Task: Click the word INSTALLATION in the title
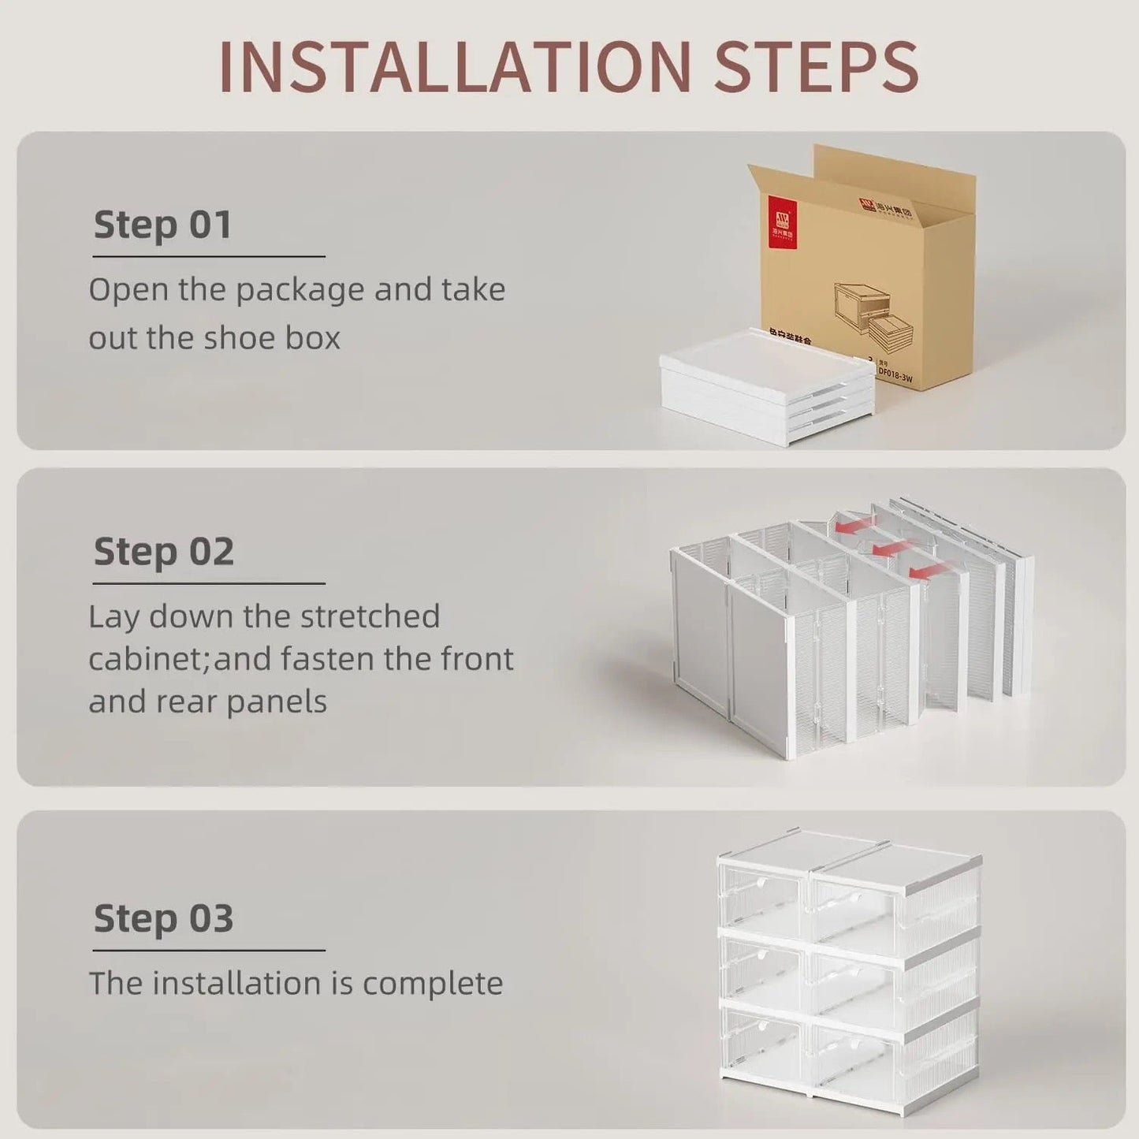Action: click(455, 66)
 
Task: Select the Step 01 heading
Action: click(163, 225)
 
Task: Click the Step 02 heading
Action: click(164, 551)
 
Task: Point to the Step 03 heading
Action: click(164, 918)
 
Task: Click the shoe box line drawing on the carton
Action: click(873, 315)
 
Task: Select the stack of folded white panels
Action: click(767, 386)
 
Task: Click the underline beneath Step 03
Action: click(209, 951)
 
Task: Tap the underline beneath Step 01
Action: click(209, 256)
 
